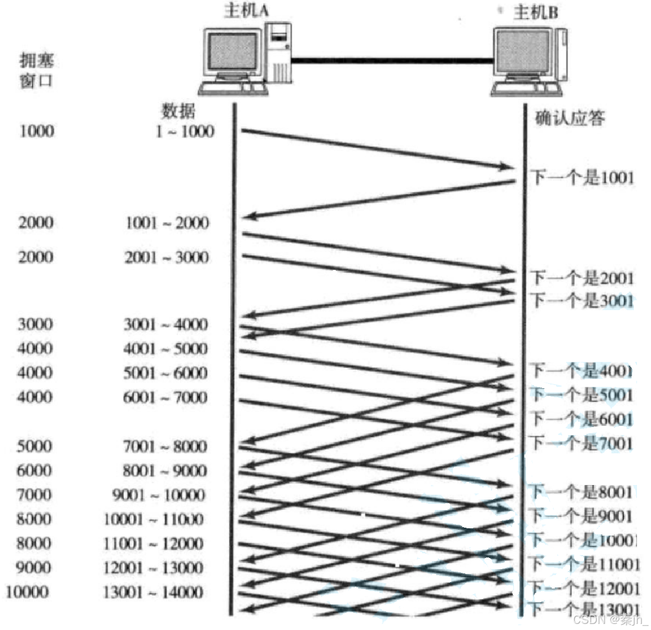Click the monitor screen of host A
[x=233, y=54]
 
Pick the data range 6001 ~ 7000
[x=166, y=398]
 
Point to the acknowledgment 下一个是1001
[x=582, y=178]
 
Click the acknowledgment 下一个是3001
[x=582, y=300]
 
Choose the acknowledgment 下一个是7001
[x=582, y=443]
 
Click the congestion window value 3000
[x=36, y=324]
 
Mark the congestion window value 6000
[x=36, y=471]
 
